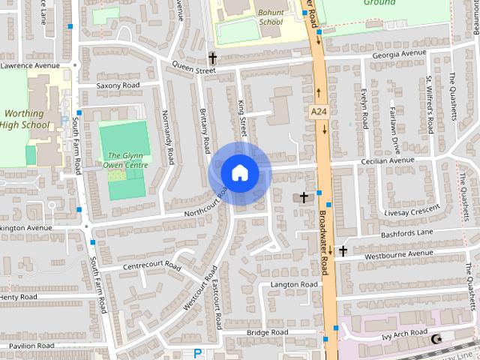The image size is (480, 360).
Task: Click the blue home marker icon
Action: (239, 173)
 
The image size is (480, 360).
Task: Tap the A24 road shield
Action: (318, 111)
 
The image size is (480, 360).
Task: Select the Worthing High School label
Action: (23, 119)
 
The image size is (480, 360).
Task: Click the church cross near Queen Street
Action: (212, 57)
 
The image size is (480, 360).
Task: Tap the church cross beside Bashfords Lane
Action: (343, 250)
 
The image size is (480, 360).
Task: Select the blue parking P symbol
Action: (198, 353)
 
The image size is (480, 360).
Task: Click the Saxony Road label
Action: (118, 85)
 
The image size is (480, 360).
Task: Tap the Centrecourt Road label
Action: (152, 266)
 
